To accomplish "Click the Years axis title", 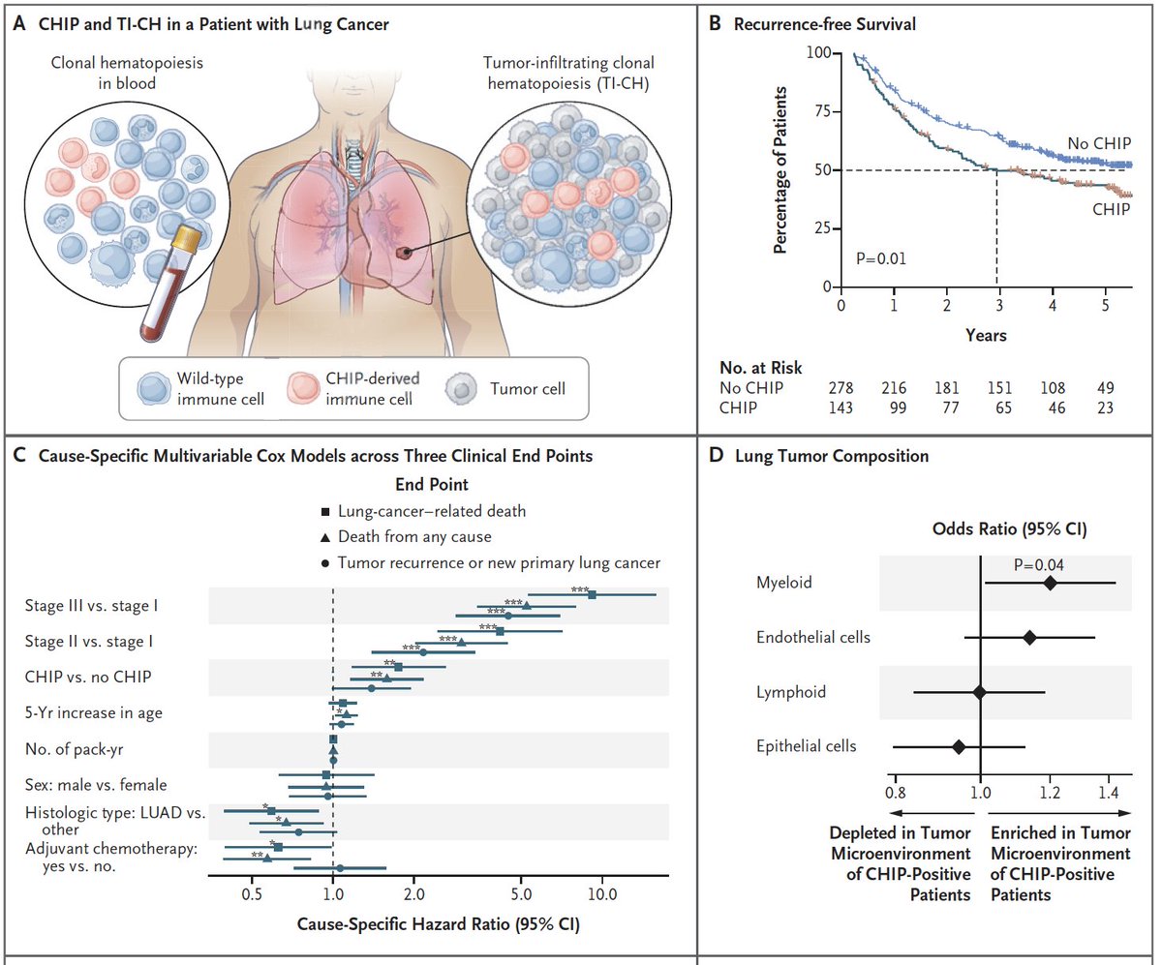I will [x=986, y=337].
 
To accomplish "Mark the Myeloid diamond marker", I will [x=1051, y=583].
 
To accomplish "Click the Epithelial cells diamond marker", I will [x=959, y=746].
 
